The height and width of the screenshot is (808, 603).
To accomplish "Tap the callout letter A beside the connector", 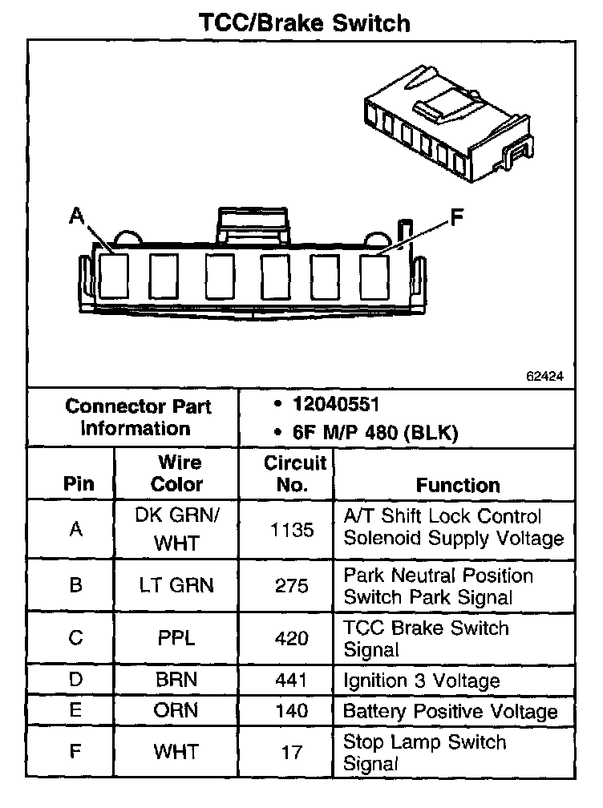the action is coord(77,214).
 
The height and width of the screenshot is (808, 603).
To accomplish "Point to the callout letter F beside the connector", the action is coord(456,216).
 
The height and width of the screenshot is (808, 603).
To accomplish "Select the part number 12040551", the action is coord(337,403).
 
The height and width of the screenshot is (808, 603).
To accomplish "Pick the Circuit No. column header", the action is coord(295,474).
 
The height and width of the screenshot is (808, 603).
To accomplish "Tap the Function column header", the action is coord(458,485).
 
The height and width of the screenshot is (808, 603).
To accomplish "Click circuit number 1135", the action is coord(292,529).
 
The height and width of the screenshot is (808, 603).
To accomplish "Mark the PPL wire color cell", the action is coord(177,638).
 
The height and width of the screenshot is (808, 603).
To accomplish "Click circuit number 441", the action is coord(291,681).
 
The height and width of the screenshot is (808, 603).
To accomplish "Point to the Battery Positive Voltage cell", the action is coord(450,712).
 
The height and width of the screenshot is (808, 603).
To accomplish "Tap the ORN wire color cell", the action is coord(177,711).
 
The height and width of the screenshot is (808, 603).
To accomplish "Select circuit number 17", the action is coord(292,752).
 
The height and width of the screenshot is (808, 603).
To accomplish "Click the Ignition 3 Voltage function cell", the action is coord(422,681).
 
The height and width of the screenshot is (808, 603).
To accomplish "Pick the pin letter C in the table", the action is coord(76,638).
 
